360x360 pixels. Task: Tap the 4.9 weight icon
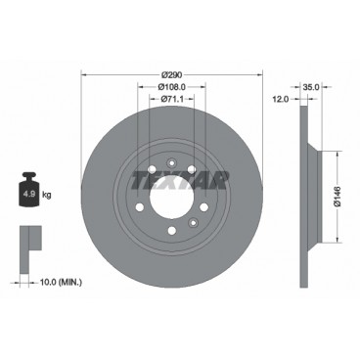pos(28,193)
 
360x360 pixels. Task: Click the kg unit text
pos(46,195)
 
